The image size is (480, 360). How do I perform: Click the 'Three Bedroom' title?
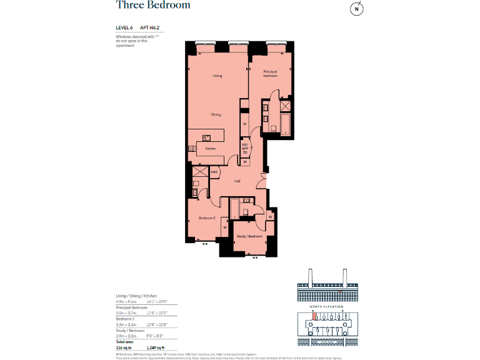[153, 6]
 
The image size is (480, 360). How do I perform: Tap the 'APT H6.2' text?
[149, 28]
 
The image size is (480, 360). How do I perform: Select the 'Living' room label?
[217, 76]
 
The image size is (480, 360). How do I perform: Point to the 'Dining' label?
[216, 114]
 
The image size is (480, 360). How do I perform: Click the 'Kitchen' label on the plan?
[211, 149]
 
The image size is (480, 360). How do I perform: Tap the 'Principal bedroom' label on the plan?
[269, 74]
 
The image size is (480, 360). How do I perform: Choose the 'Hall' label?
[237, 181]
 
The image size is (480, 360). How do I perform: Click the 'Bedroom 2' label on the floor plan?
[207, 218]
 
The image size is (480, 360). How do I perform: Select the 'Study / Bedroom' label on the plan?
[249, 236]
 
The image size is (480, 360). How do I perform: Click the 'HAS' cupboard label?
[214, 172]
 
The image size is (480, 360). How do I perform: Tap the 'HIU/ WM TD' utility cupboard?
[245, 148]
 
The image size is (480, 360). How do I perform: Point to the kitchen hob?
[192, 149]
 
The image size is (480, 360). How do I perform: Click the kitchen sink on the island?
[207, 136]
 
